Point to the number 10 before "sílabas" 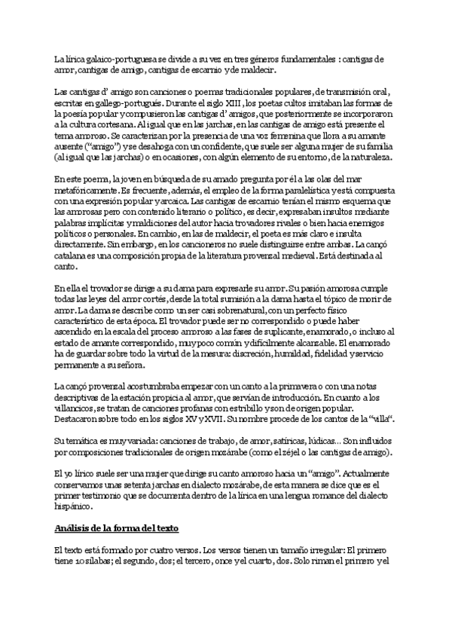(83, 561)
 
